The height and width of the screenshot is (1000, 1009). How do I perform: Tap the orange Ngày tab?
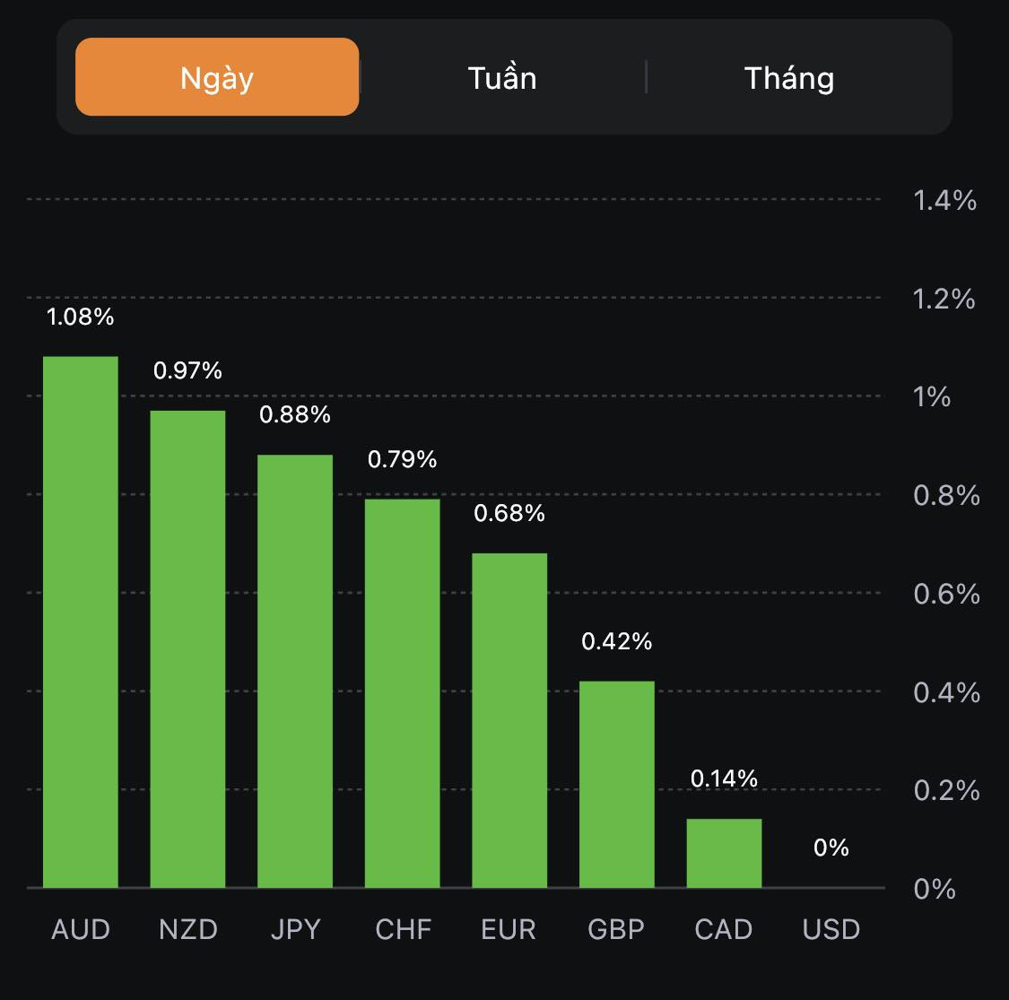click(217, 77)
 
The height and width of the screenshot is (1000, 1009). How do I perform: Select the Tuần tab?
click(502, 78)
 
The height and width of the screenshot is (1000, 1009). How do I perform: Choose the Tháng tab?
click(789, 78)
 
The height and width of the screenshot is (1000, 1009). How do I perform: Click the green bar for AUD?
click(81, 622)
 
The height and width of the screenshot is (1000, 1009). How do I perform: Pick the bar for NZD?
click(187, 649)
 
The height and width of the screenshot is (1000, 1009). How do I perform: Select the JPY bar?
click(295, 672)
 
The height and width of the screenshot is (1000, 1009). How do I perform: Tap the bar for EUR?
click(509, 720)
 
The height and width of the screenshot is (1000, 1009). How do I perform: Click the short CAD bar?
click(724, 853)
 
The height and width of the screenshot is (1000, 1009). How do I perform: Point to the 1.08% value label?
click(81, 317)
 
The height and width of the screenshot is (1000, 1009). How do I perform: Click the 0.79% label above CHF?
click(403, 459)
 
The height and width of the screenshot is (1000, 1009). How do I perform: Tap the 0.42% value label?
click(617, 641)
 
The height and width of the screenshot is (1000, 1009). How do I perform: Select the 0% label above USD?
click(831, 848)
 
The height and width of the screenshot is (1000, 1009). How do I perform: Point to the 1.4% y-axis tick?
click(944, 200)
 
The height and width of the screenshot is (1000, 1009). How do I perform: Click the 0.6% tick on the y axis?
click(946, 594)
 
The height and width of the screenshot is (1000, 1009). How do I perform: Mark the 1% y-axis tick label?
click(932, 396)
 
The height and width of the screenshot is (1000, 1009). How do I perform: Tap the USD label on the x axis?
click(831, 929)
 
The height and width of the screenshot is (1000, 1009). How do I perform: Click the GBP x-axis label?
click(616, 929)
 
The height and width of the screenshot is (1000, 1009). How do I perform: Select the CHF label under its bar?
click(403, 929)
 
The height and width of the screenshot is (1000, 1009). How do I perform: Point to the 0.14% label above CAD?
click(724, 778)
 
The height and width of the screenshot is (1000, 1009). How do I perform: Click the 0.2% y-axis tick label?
click(946, 790)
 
